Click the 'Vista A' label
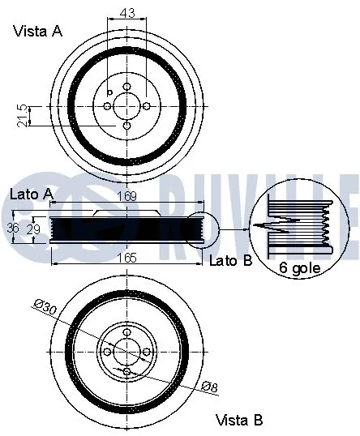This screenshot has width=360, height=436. pyautogui.click(x=37, y=32)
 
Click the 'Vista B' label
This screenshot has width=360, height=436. pyautogui.click(x=239, y=420)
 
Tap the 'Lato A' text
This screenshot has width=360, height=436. pyautogui.click(x=31, y=194)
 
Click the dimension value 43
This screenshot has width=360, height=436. pyautogui.click(x=127, y=14)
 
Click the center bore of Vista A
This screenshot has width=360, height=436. pyautogui.click(x=127, y=106)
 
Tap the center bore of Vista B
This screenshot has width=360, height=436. pyautogui.click(x=127, y=351)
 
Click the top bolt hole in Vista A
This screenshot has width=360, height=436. pyautogui.click(x=127, y=87)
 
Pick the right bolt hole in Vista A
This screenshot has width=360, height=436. pyautogui.click(x=147, y=106)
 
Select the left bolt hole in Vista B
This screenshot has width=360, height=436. pyautogui.click(x=107, y=351)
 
